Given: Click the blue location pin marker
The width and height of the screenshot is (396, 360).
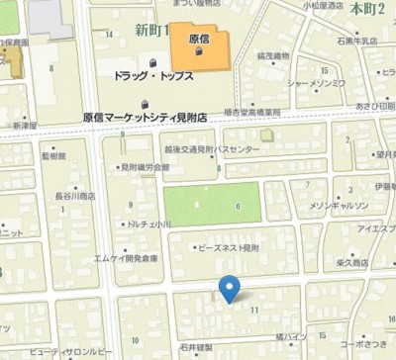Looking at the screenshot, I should coord(230,288).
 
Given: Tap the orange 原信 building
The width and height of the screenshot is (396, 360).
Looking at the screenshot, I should coord(199,45).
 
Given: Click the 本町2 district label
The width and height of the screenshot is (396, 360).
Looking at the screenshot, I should coord(366,8).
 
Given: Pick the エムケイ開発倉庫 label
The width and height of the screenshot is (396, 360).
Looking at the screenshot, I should coord(126,257).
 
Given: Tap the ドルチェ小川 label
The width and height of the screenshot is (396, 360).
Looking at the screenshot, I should coord(148,225).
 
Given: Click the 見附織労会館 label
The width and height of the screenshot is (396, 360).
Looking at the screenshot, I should coord(145,167).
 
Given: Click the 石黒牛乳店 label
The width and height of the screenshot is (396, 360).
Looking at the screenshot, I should coord(357,43).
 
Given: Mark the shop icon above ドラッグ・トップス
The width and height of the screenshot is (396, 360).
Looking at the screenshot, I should coord(145,59).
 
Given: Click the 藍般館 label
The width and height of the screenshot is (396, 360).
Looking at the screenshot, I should coord(53,155).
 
